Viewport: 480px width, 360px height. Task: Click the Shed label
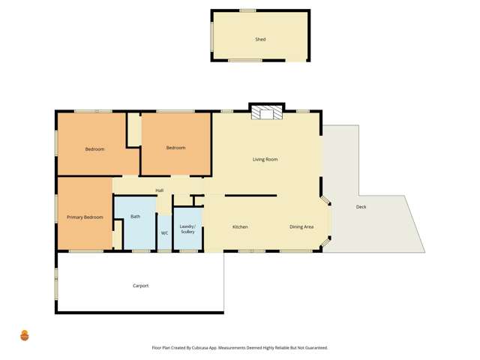260,40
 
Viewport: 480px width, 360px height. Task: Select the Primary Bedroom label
84,217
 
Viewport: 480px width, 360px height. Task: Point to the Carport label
140,286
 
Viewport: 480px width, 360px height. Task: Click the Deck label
361,207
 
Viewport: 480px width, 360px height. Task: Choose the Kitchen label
240,227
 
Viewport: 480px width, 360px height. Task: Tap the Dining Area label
301,227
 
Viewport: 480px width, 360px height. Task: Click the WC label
164,233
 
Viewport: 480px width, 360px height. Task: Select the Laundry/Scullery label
187,229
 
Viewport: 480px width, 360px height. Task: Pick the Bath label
135,217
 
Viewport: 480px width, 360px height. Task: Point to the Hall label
159,190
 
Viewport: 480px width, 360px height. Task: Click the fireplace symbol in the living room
266,112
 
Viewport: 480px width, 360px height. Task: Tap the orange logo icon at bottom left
24,335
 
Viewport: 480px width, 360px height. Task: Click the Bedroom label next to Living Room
175,148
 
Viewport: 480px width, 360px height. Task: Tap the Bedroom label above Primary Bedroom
94,149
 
